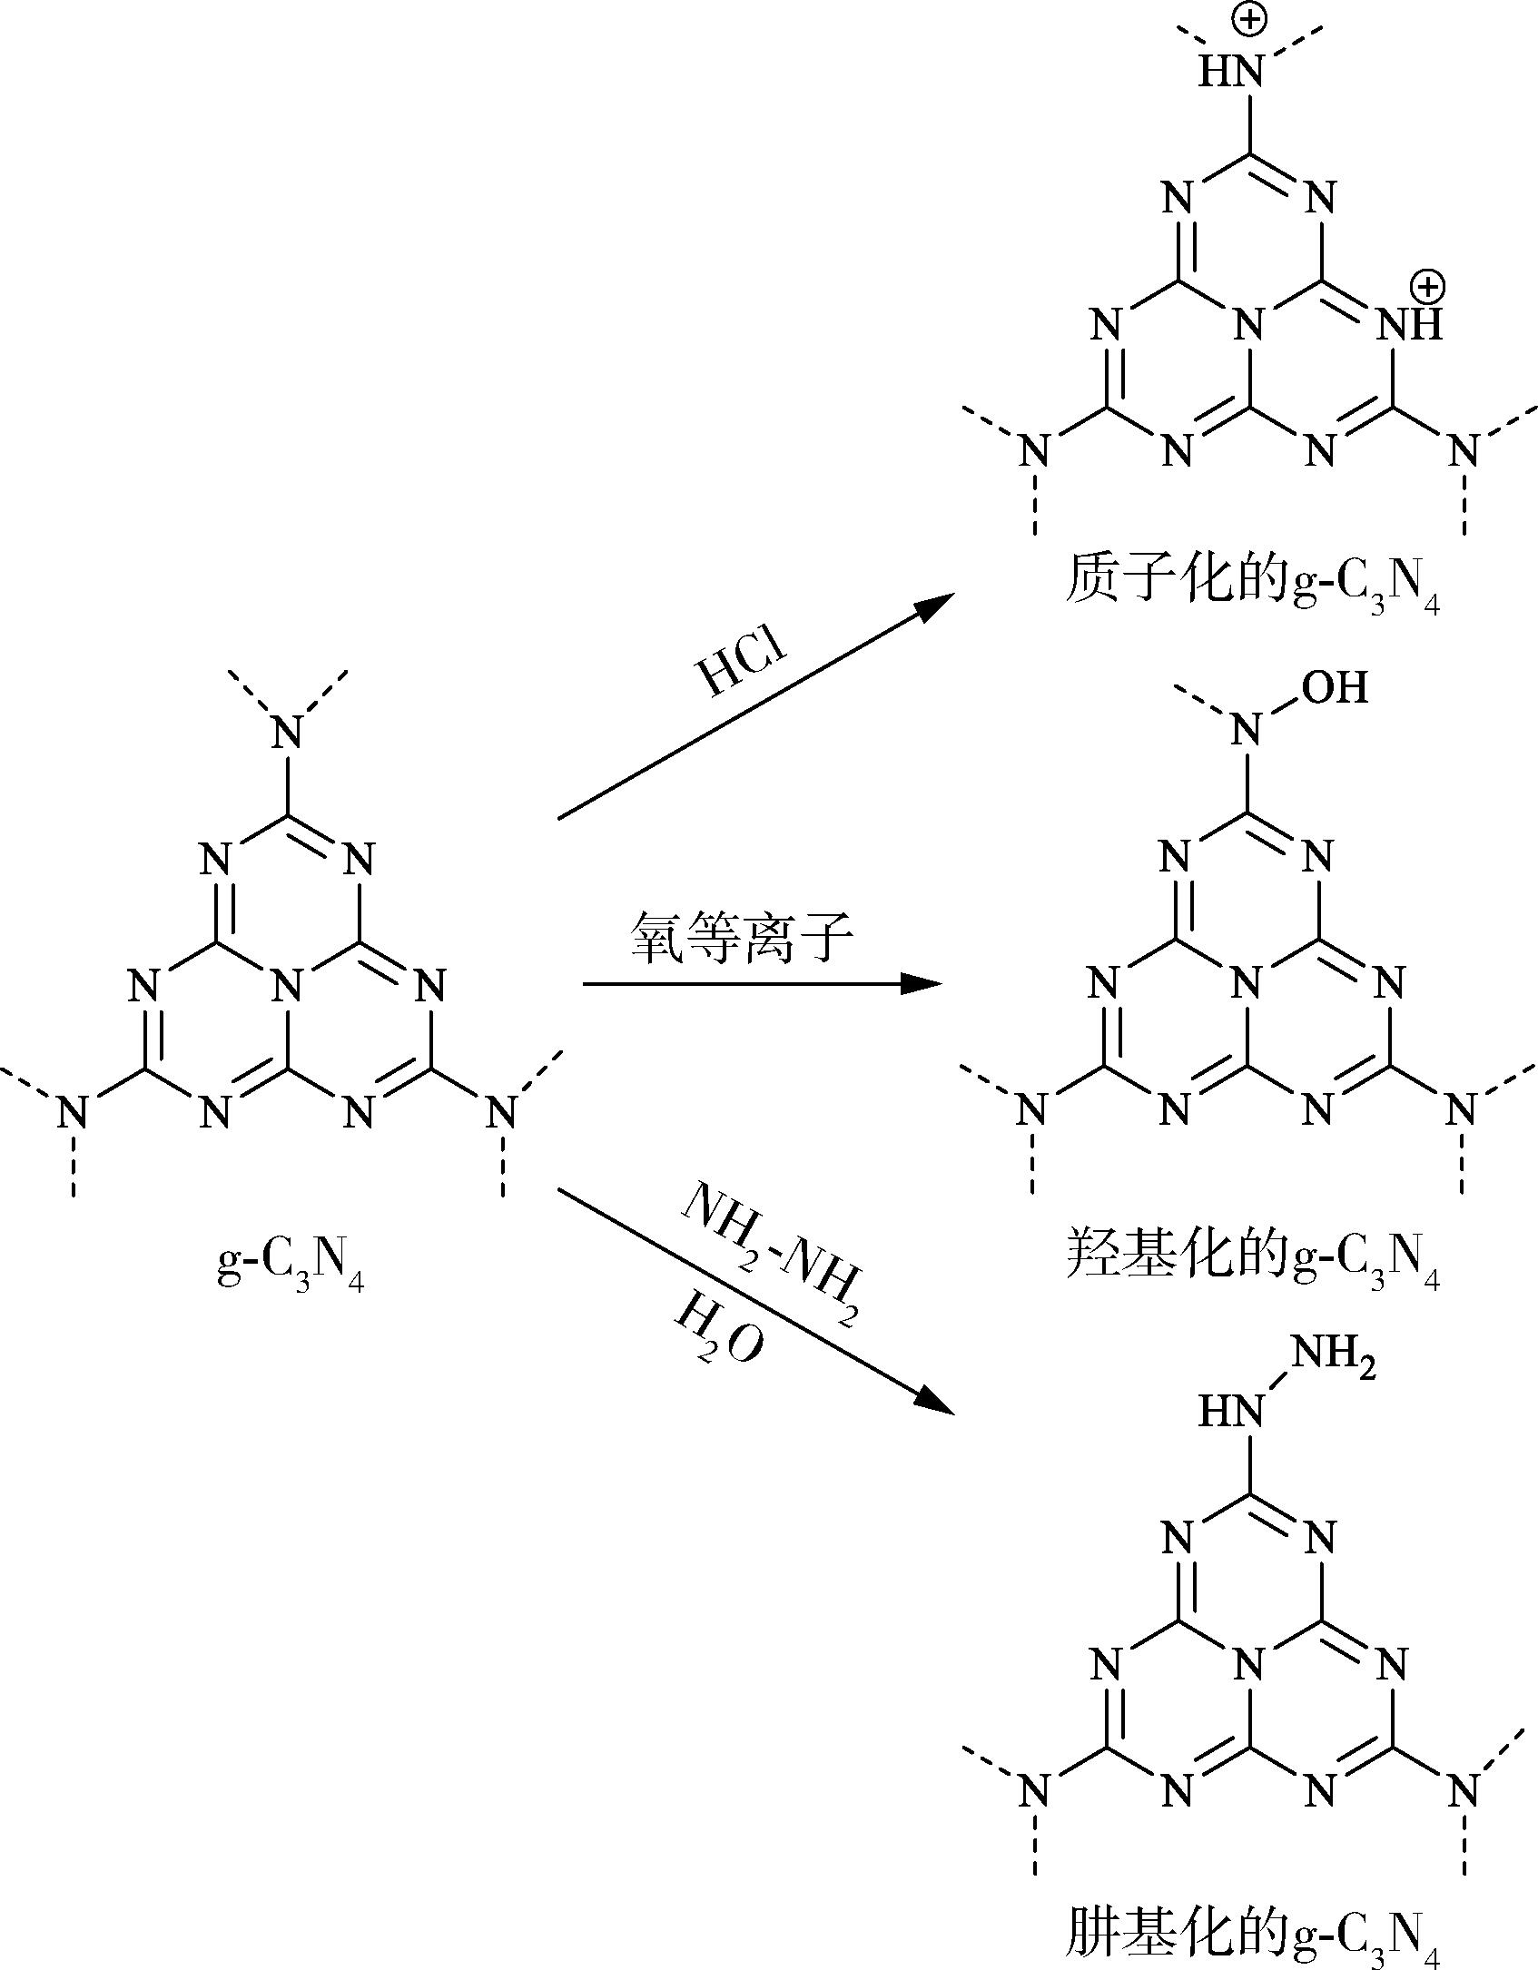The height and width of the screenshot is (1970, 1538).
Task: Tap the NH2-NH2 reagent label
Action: point(768,1254)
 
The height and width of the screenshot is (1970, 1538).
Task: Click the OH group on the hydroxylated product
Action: point(1335,688)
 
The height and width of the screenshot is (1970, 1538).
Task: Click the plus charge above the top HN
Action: point(1249,20)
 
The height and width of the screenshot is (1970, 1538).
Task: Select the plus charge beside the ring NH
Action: point(1425,287)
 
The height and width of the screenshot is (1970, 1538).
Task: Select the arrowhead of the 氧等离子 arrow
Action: point(932,983)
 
